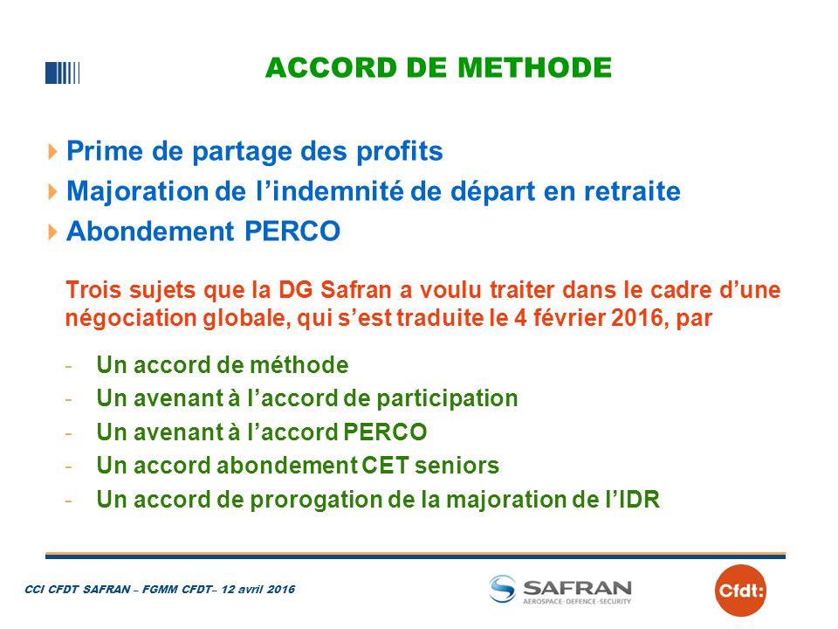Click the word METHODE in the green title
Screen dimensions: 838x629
(x=534, y=68)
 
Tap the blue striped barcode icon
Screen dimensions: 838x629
(x=63, y=73)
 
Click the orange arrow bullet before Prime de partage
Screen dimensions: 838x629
(x=52, y=151)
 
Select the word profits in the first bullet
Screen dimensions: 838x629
(x=400, y=152)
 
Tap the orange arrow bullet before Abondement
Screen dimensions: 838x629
(x=52, y=232)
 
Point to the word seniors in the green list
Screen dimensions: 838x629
(x=457, y=466)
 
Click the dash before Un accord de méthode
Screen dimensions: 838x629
(x=68, y=367)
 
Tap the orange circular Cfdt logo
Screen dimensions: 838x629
(x=740, y=591)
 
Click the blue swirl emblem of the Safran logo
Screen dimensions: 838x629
(x=503, y=589)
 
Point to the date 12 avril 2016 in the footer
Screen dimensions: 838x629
(x=258, y=590)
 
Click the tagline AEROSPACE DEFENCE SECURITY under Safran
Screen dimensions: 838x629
(x=577, y=602)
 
